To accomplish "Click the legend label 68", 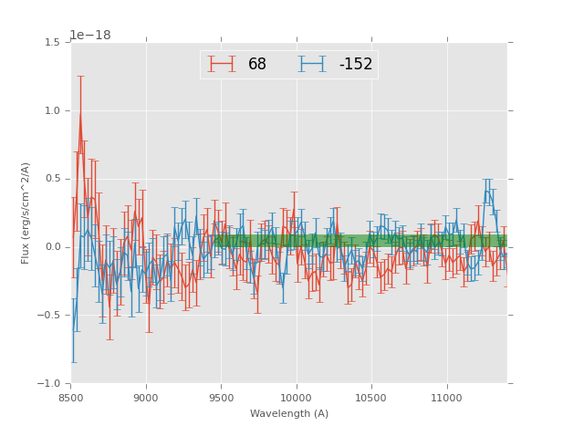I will coord(257,64).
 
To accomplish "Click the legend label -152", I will coord(355,64).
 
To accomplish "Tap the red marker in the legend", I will coord(222,64).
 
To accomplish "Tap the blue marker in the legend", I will coord(313,64).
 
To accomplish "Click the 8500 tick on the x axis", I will coord(71,398).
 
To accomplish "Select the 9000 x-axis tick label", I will coord(146,398).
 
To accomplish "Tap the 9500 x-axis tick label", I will coord(222,398).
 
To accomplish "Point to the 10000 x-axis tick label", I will coord(297,398).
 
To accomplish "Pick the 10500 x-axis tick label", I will coord(371,398).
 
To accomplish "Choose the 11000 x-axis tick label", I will coord(446,398).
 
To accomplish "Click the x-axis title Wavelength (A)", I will coord(288,414).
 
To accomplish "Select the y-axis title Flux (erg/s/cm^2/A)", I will coord(26,213).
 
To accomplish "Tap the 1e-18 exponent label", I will coord(90,36).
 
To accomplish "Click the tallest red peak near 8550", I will coord(80,113).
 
